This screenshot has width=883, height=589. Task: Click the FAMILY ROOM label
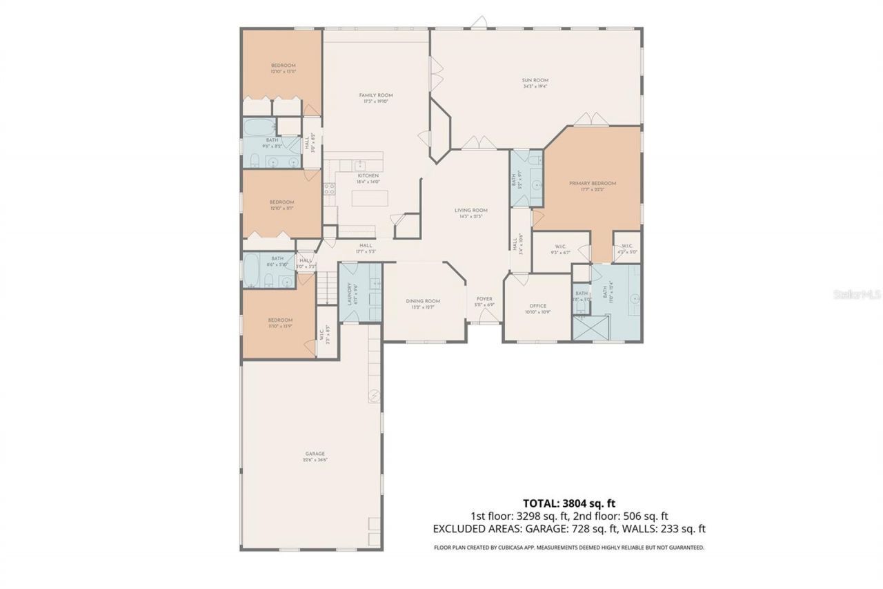[x=375, y=95]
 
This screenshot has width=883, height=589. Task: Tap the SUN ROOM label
[x=535, y=81]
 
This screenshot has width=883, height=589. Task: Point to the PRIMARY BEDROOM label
[x=592, y=183]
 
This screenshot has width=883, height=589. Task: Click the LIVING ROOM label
[x=470, y=211]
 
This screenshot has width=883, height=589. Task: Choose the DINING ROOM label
[x=422, y=301]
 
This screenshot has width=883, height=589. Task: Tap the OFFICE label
[x=537, y=306]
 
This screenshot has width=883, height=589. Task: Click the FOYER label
[x=484, y=299]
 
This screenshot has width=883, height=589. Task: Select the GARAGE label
[x=315, y=454]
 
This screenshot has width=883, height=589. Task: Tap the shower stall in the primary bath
[x=592, y=327]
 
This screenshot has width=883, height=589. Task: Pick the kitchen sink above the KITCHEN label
[x=359, y=165]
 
